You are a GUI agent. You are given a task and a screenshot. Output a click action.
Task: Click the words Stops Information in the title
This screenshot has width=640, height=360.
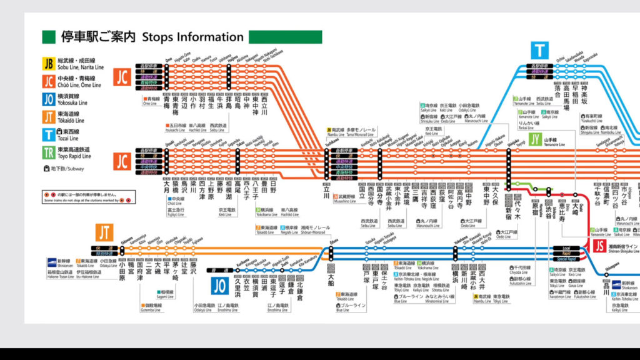point(192,37)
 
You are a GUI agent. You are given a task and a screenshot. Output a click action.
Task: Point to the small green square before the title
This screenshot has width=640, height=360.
point(49,37)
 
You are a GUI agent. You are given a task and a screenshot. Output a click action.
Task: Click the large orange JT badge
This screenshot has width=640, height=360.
point(105,232)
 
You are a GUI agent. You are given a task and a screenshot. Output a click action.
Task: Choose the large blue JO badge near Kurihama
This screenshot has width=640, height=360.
point(220,286)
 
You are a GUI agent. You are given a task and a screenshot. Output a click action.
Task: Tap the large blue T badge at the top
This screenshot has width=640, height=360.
point(539,49)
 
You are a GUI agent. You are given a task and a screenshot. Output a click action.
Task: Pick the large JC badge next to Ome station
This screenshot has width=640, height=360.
point(122,77)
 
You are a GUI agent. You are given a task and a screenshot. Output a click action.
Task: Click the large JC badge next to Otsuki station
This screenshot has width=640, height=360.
point(122,160)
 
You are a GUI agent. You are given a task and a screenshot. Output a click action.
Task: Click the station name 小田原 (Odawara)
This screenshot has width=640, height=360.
point(122,273)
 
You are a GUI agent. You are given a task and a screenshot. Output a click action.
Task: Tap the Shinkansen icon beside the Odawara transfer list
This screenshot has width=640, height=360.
point(54,261)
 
